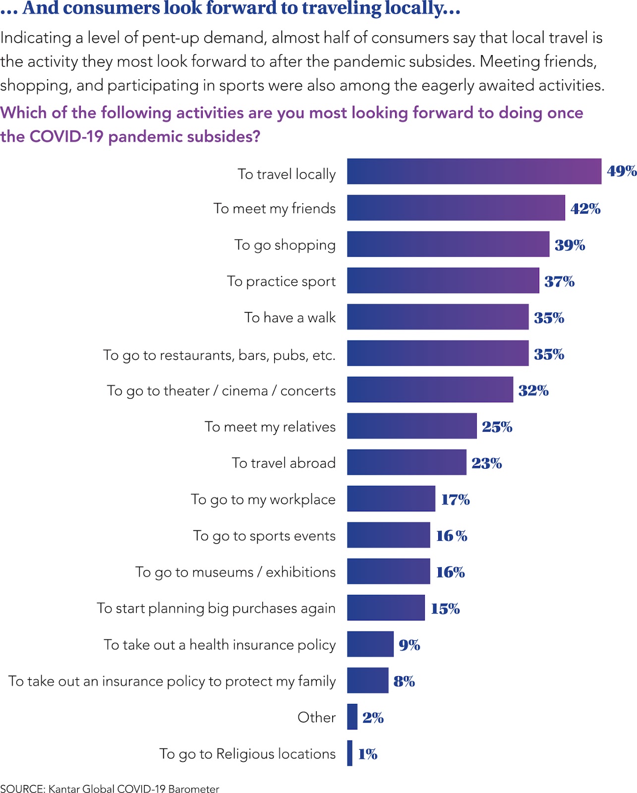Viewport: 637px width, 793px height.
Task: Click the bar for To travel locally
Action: point(474,171)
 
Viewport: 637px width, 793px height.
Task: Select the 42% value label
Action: point(585,209)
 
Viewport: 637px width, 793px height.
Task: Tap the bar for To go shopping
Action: point(448,244)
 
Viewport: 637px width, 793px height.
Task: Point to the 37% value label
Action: point(559,282)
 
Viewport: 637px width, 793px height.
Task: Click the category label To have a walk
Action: point(290,317)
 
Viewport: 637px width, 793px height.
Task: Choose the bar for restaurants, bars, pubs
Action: point(438,353)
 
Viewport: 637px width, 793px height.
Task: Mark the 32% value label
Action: point(533,391)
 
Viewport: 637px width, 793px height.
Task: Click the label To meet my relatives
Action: point(270,427)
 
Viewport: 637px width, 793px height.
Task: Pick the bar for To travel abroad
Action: point(406,462)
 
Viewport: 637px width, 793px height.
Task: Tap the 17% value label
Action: point(456,500)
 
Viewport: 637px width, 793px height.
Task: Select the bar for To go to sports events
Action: point(389,535)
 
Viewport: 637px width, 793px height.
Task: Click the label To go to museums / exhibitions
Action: point(235,572)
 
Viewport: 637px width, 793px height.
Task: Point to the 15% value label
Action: point(445,609)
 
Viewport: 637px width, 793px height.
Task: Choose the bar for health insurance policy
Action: point(370,644)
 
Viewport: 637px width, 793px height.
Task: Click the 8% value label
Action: point(404,681)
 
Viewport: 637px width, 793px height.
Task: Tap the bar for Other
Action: point(352,717)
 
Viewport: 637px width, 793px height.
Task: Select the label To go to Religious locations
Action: point(247,754)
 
